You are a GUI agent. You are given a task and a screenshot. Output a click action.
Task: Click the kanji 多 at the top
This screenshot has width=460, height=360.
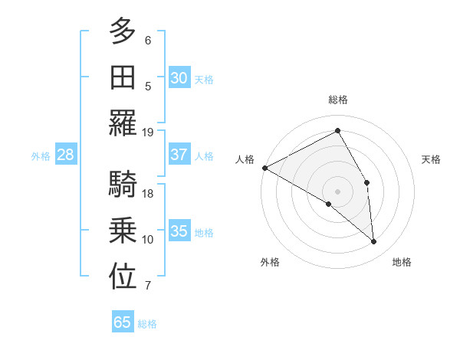click(x=123, y=32)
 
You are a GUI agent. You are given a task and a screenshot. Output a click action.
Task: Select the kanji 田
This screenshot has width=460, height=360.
click(x=123, y=77)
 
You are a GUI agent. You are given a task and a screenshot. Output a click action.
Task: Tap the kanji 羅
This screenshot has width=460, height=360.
click(x=123, y=123)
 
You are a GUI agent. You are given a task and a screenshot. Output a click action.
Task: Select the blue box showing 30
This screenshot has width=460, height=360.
click(x=179, y=78)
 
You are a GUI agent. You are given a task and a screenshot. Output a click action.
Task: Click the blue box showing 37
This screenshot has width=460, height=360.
click(x=179, y=155)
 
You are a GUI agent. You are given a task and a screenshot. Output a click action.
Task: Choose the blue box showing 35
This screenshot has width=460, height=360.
click(x=179, y=232)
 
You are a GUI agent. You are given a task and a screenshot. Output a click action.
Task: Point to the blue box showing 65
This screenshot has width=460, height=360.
click(x=123, y=322)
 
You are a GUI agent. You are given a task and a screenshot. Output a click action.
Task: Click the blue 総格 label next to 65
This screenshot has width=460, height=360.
click(x=147, y=324)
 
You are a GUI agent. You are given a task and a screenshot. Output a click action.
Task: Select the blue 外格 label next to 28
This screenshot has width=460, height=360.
click(x=41, y=156)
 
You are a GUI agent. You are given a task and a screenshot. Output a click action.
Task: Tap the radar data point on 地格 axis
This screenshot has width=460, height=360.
click(x=373, y=242)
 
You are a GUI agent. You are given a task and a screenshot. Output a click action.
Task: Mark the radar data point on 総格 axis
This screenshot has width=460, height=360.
click(x=337, y=130)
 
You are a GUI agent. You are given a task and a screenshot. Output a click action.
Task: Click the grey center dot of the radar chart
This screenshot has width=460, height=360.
click(x=337, y=191)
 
